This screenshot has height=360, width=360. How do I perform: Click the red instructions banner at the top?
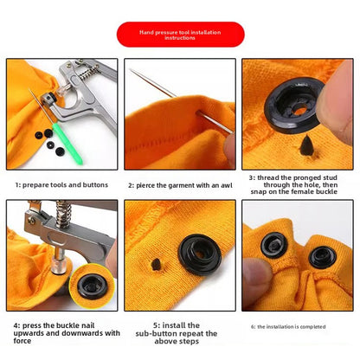point(179,34)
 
